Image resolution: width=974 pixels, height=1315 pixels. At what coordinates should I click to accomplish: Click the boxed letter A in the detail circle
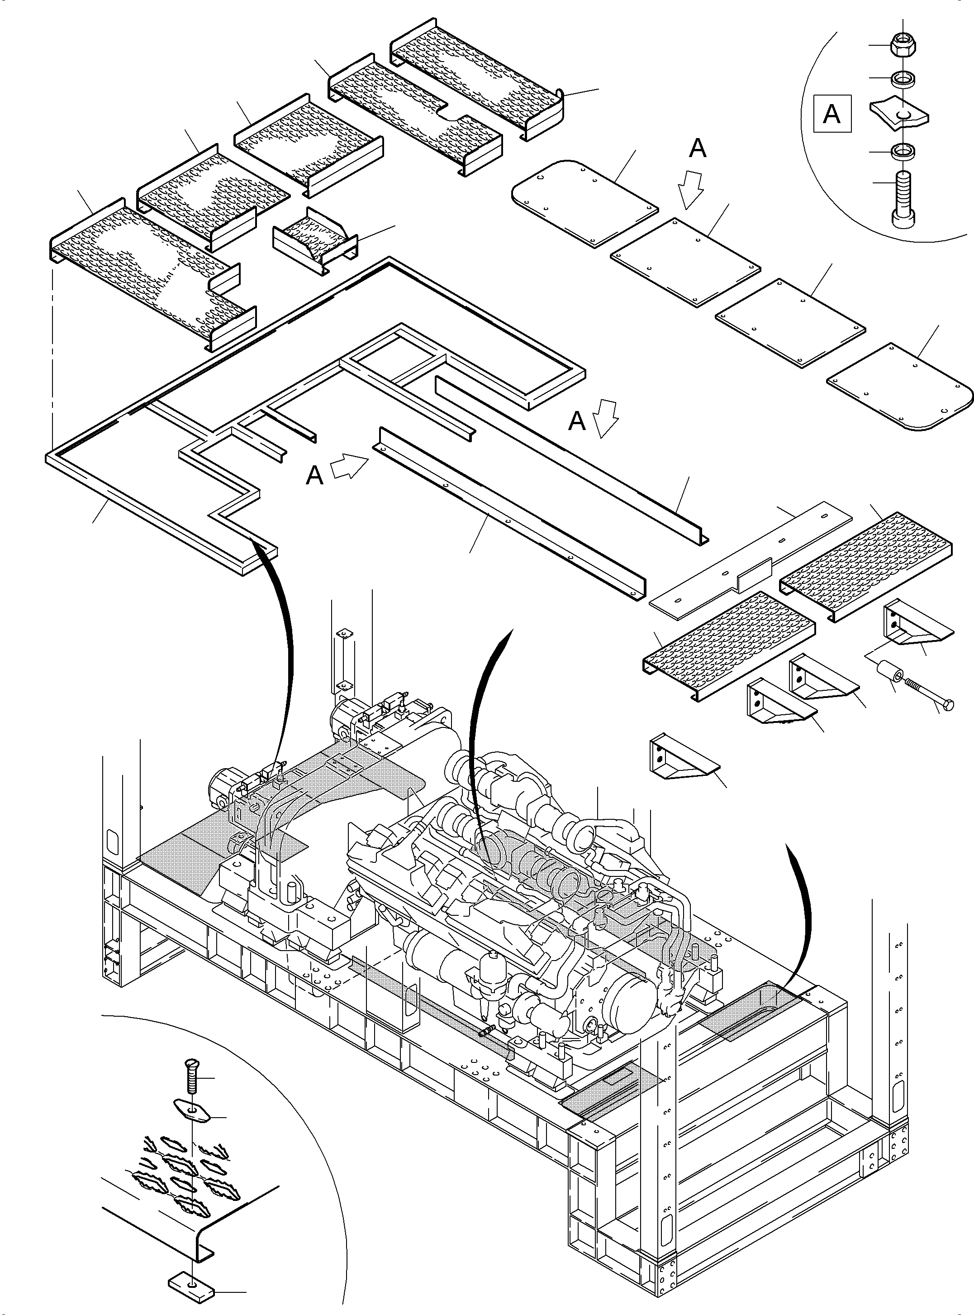coord(832,113)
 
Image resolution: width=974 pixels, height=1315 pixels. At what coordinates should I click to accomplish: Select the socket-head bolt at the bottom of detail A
coord(903,198)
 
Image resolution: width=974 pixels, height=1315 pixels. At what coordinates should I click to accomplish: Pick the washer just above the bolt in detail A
coord(903,152)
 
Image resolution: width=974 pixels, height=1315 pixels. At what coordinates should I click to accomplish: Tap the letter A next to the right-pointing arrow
coord(315,475)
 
